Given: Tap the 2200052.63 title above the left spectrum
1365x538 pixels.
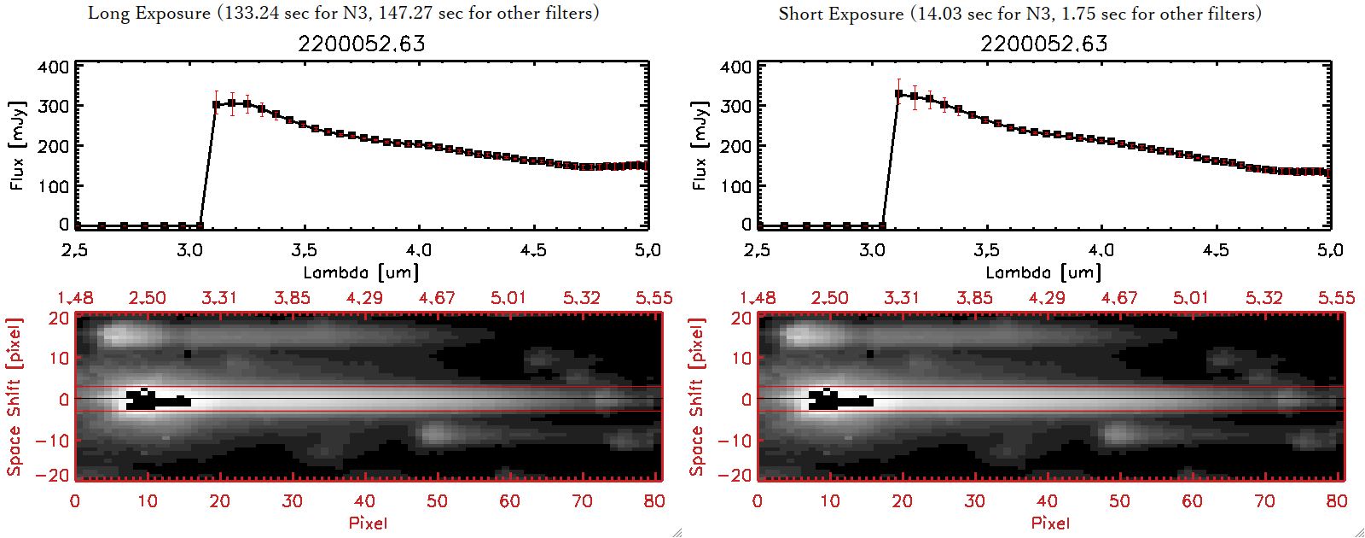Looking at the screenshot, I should (x=361, y=44).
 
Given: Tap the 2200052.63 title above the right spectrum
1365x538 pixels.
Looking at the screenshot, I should (x=1043, y=44).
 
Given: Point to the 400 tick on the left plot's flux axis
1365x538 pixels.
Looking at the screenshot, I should (x=53, y=67).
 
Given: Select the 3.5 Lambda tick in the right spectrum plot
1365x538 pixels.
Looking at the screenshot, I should (x=986, y=250).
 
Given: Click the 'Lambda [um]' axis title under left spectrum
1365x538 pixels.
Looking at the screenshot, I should (x=361, y=272).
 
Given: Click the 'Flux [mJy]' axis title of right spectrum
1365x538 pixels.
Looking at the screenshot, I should (x=700, y=145).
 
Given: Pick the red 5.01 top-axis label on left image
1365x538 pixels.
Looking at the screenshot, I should (x=508, y=298).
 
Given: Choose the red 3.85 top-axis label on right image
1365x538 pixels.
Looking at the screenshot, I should (x=974, y=298).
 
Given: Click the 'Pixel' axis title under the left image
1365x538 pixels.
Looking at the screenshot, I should (x=368, y=523).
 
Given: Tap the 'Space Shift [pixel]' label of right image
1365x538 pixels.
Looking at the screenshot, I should (x=697, y=397).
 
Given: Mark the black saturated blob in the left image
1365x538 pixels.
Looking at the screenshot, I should (x=154, y=401).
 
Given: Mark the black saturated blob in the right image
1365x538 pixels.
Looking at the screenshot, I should (x=836, y=401).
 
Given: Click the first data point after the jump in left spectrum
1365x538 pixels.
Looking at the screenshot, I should (x=217, y=105).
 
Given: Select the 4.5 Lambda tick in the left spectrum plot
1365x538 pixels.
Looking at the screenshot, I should (x=533, y=250).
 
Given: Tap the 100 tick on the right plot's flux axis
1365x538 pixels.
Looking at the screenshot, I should (x=735, y=185).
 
